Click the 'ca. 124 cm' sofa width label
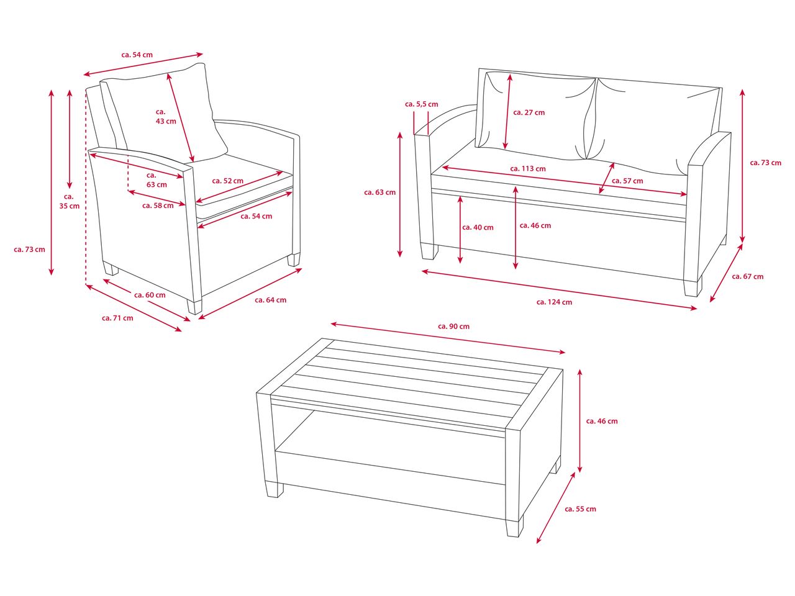(x=554, y=302)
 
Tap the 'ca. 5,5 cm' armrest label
(x=421, y=104)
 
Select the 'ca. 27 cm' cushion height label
(x=529, y=112)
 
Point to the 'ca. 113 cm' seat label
(x=528, y=169)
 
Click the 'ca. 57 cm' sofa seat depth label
(x=627, y=181)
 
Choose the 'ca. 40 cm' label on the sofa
(x=478, y=228)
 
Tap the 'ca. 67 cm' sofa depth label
(x=748, y=276)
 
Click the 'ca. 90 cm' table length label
(x=453, y=327)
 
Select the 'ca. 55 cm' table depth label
(x=580, y=509)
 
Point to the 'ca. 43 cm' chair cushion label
(x=166, y=117)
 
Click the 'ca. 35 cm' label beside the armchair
(x=69, y=201)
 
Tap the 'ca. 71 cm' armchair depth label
(x=117, y=318)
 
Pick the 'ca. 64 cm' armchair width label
(x=271, y=300)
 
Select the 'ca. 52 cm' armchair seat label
(x=227, y=181)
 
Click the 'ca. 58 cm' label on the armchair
(x=158, y=205)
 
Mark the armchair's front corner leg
(x=194, y=306)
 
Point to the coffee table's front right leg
(x=515, y=526)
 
